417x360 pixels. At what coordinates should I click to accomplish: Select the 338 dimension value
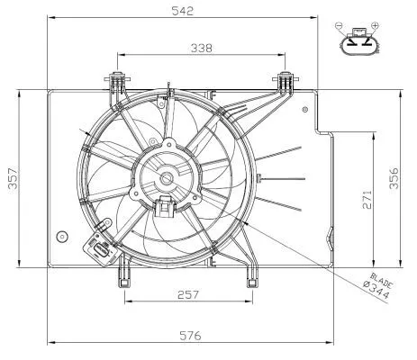pos(202,49)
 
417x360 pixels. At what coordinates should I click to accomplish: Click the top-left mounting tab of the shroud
pos(116,83)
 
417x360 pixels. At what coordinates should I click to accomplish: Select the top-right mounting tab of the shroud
pos(286,83)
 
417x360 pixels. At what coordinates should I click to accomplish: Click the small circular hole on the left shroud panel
pos(61,237)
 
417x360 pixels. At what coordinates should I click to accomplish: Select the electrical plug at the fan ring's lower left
pos(95,246)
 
